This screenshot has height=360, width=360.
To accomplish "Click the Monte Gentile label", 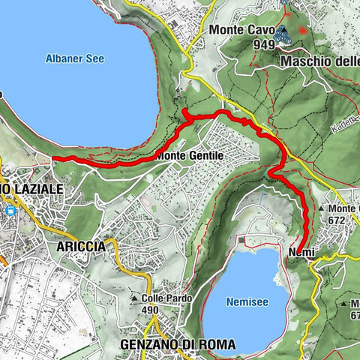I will point(191,155).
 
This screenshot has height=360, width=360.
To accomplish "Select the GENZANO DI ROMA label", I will point(177,344).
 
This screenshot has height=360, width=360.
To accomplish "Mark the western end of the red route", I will point(53,158).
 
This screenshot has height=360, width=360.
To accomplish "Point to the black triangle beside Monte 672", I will point(322,209).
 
